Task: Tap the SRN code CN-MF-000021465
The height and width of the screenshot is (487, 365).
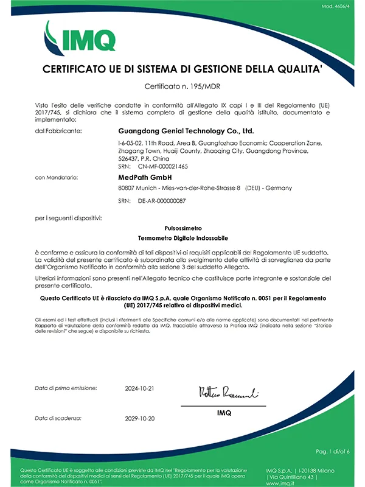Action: pyautogui.click(x=163, y=166)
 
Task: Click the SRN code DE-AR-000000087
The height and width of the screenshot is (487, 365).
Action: pyautogui.click(x=162, y=200)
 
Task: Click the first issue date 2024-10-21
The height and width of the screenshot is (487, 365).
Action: pyautogui.click(x=140, y=388)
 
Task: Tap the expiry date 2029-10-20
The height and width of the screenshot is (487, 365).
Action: pyautogui.click(x=140, y=418)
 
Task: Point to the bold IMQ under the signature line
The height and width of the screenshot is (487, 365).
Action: pyautogui.click(x=224, y=413)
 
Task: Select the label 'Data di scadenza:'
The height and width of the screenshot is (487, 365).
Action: pyautogui.click(x=60, y=418)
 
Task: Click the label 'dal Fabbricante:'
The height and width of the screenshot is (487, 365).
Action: pyautogui.click(x=58, y=131)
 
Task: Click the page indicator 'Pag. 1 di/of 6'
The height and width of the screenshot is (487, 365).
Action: pyautogui.click(x=333, y=451)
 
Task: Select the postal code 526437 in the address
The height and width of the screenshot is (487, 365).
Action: pyautogui.click(x=127, y=158)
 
